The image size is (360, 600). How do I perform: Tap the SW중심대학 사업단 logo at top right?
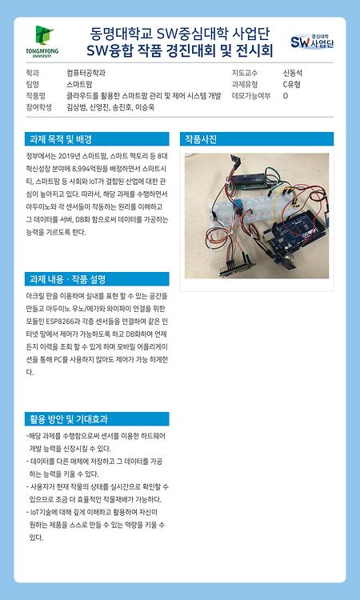coord(311,41)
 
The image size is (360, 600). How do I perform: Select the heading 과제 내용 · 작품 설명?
coord(67,279)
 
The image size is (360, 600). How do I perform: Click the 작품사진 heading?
coord(201,139)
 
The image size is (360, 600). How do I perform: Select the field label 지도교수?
coord(245,73)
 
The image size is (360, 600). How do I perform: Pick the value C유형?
coord(292,84)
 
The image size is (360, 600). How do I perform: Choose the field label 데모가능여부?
coord(249,95)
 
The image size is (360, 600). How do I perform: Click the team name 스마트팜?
coord(79,84)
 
